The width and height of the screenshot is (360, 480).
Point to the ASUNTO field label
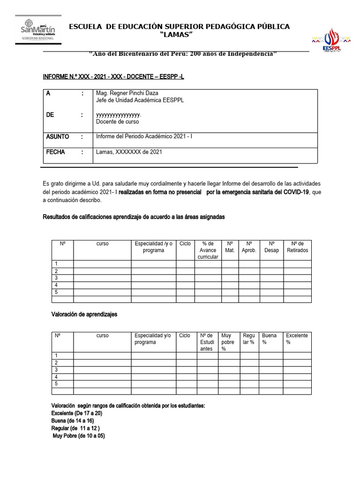coord(57,137)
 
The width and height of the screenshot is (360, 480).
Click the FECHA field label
coord(55,152)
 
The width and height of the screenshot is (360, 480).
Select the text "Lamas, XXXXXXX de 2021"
coord(129,152)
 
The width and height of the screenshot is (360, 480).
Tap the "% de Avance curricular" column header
coord(208,250)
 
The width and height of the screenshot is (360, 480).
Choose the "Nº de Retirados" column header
coord(297,247)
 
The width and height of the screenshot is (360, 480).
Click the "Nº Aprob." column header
coord(249,247)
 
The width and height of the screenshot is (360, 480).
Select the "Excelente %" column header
coord(297,339)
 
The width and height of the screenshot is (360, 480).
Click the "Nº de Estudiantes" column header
coord(207,342)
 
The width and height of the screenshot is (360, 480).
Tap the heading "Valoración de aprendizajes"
coord(84,315)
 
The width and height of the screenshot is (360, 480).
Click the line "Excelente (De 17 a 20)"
coord(76,413)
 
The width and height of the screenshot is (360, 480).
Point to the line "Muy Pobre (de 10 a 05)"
coord(79,436)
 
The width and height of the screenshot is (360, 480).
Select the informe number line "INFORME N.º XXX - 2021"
coord(113,76)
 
